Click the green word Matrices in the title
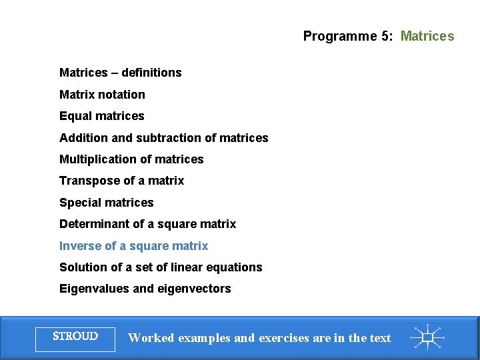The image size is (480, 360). [427, 36]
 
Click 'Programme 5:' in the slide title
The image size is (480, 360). [348, 36]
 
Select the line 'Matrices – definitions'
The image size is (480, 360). [120, 73]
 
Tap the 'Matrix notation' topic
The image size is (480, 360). [102, 95]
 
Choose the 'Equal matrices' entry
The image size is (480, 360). [101, 116]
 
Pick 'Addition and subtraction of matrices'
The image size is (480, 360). [163, 138]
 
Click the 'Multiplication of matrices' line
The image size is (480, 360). [131, 159]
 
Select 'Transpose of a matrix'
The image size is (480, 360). [121, 181]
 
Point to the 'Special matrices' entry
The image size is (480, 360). [106, 203]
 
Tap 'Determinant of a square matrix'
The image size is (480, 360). [147, 224]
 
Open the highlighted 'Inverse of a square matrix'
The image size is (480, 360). [133, 246]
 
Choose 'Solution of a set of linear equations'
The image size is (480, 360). [161, 267]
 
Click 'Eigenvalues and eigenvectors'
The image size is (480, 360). [145, 289]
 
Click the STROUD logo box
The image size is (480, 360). [75, 337]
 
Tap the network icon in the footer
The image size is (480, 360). [427, 337]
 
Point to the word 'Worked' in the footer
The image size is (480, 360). [152, 338]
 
